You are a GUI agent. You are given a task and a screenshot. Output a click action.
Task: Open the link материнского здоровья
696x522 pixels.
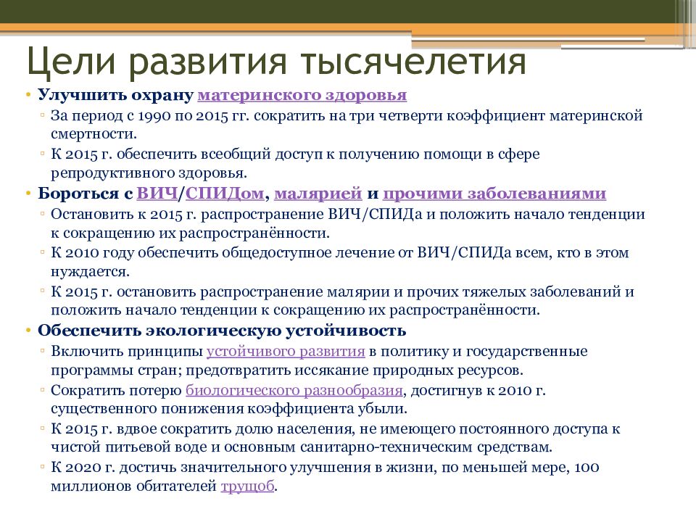click(302, 96)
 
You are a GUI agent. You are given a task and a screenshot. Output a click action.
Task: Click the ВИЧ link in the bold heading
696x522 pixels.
click(157, 194)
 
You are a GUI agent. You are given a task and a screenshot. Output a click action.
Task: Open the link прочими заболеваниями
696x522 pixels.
click(494, 194)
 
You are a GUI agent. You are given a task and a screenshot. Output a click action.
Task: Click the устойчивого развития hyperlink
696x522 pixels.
click(285, 351)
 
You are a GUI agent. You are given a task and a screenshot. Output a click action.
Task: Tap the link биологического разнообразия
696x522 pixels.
click(294, 390)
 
